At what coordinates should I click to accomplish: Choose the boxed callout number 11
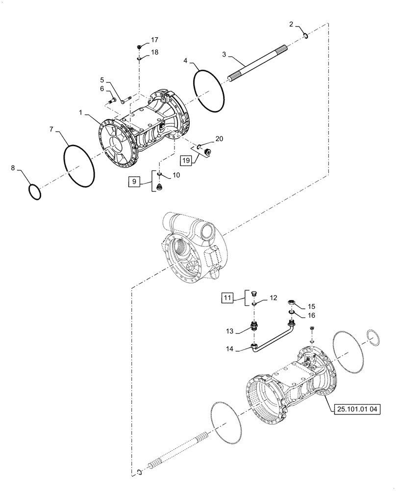226,298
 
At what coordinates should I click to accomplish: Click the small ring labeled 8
34,191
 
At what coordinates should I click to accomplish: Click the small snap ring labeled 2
305,35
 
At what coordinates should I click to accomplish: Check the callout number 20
219,139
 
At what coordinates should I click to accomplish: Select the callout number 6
102,88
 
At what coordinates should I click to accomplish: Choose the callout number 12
274,298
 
